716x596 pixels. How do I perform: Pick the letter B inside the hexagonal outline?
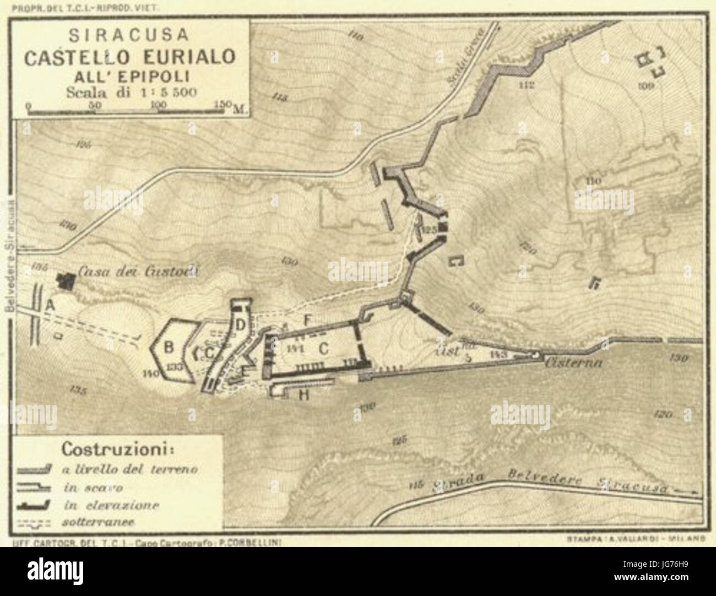tap(169, 348)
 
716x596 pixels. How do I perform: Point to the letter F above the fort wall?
tap(308, 319)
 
